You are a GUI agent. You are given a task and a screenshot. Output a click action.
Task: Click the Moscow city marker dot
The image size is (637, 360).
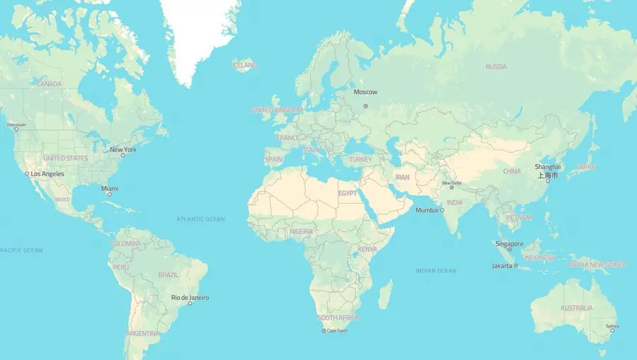pos(366,106)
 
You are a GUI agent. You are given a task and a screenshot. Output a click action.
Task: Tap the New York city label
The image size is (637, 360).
pos(123,150)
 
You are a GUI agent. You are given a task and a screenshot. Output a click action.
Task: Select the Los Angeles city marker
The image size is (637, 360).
pos(27,174)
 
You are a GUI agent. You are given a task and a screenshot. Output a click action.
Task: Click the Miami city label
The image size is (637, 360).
pos(110,189)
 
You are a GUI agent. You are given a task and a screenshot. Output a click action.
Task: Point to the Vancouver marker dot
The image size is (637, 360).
pos(16,129)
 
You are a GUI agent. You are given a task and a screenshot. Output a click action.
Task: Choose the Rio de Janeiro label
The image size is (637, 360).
pos(190,298)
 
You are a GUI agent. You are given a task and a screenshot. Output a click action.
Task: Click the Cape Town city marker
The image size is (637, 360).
pos(324,331)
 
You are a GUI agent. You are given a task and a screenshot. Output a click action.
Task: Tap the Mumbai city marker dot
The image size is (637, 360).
pos(442,211)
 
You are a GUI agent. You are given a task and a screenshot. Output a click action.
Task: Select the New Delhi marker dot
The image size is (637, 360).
pos(452,187)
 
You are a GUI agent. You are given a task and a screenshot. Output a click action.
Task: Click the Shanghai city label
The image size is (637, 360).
pos(546,168)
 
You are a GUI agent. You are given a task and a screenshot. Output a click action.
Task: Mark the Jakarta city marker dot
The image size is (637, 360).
pos(516,266)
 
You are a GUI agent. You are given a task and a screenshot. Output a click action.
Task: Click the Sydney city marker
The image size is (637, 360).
pos(612,330)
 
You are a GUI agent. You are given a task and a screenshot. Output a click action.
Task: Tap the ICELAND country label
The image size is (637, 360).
pos(244,66)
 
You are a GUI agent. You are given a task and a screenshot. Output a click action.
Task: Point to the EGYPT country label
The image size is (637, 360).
pos(347,193)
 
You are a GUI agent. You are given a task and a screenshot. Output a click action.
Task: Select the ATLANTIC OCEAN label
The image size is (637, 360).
pos(200,219)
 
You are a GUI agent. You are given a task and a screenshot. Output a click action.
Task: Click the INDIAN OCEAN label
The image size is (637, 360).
pos(436,271)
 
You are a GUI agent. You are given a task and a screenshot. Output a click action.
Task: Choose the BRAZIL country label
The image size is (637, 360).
pos(168,274)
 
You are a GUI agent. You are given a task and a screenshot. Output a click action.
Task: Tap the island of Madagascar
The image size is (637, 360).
pos(385,294)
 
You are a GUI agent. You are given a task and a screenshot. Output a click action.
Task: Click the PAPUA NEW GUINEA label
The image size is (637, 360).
pos(597,265)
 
